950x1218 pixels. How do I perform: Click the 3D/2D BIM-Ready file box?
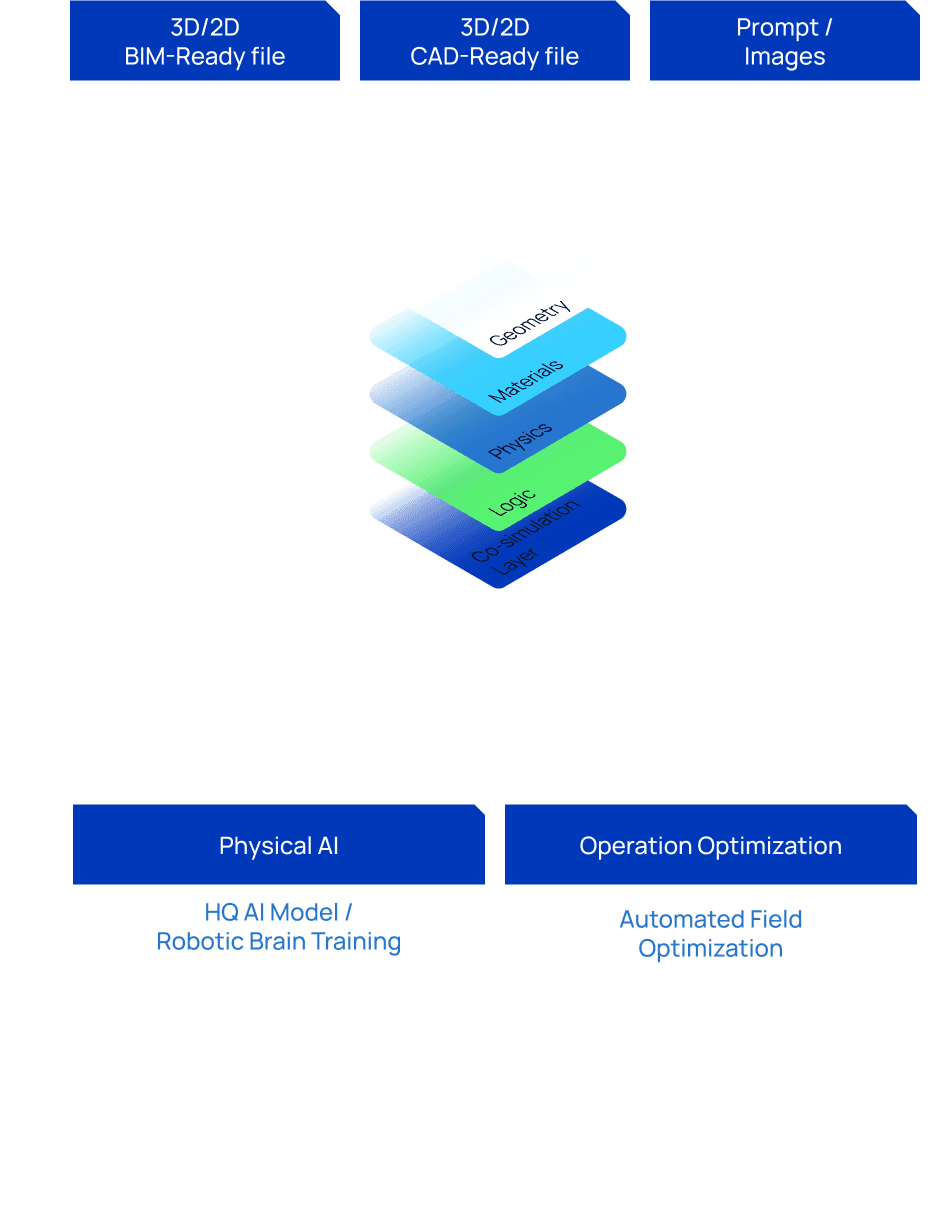pos(205,42)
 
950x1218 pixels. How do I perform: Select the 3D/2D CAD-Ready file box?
pos(494,42)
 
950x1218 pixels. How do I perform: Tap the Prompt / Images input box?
pos(784,42)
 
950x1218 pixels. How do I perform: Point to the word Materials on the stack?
pos(526,382)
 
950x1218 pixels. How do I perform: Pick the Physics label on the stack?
pos(520,441)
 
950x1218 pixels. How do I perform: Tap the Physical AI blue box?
pos(278,845)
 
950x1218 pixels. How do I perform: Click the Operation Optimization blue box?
pos(710,845)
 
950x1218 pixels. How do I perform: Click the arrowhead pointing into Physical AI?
pos(272,797)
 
